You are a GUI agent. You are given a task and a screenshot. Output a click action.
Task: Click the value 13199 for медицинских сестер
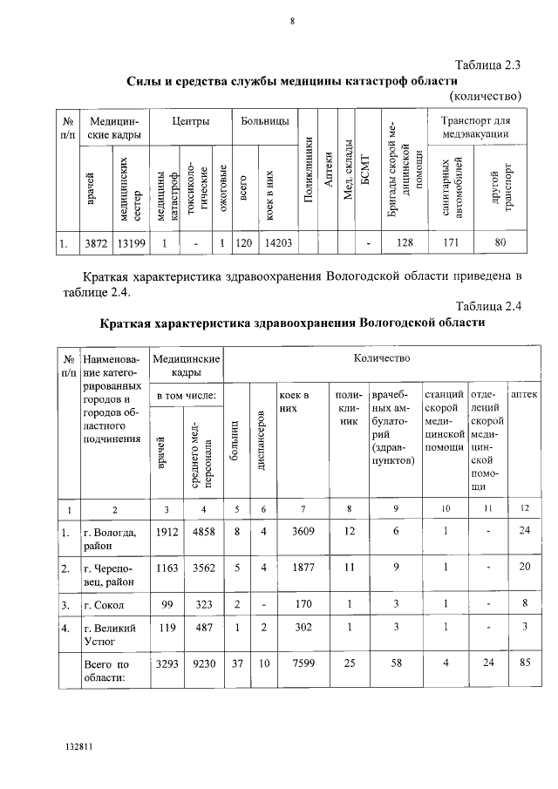click(x=127, y=244)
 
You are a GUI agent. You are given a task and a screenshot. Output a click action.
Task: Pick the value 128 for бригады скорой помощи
click(x=404, y=244)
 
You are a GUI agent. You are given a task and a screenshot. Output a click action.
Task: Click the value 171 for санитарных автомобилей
click(x=451, y=244)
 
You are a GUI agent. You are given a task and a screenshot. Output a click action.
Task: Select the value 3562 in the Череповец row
click(x=202, y=568)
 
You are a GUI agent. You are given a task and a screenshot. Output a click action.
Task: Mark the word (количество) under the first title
click(x=486, y=95)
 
